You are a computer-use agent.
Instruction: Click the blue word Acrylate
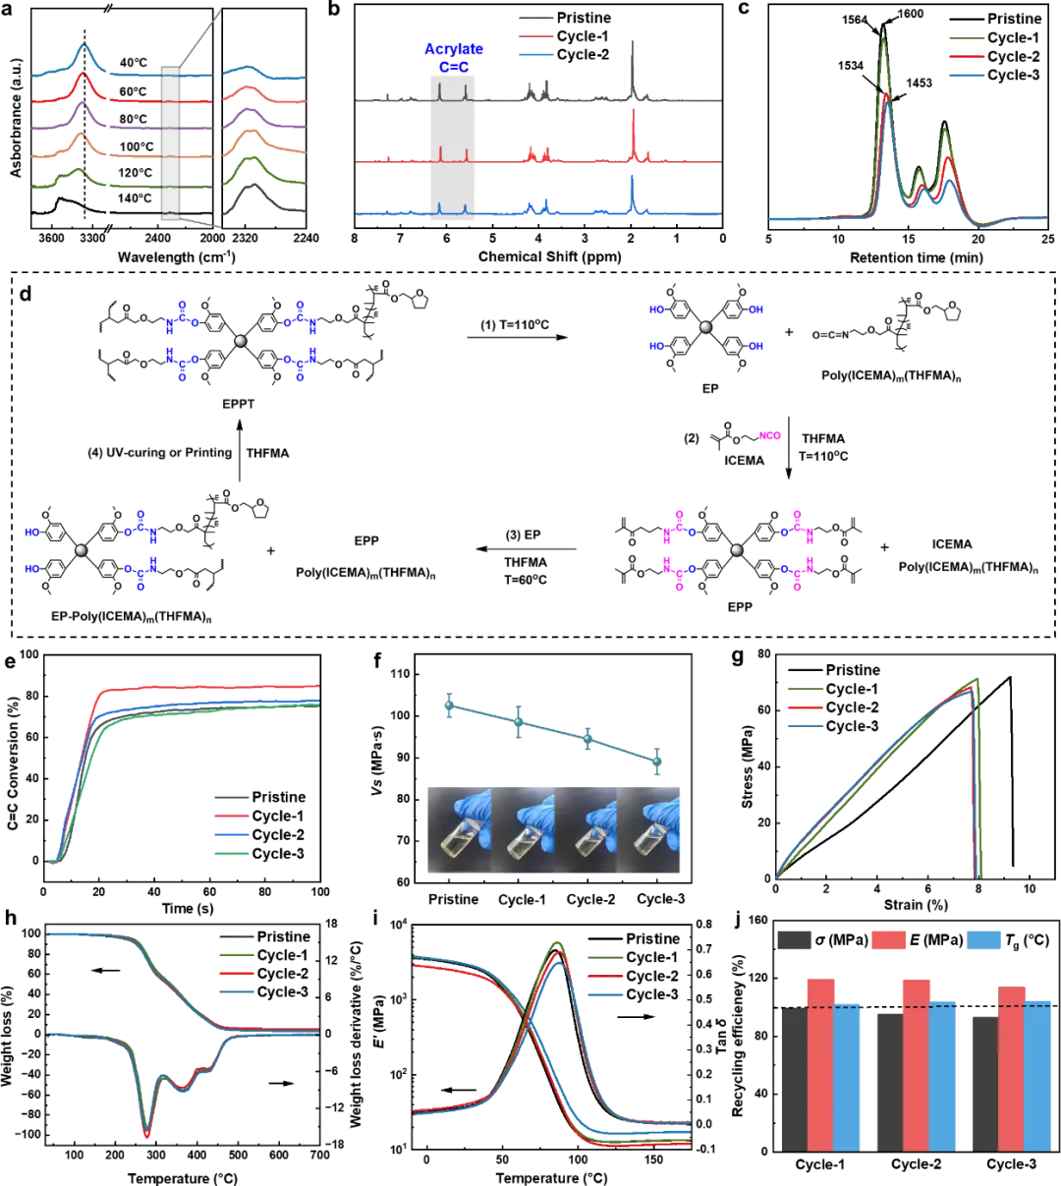(x=450, y=48)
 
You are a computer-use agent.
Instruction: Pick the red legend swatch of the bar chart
(x=890, y=940)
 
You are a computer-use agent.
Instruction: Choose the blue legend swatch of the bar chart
(x=984, y=940)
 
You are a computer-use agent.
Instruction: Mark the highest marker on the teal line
(x=448, y=704)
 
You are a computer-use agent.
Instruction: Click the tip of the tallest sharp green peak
(x=883, y=39)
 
